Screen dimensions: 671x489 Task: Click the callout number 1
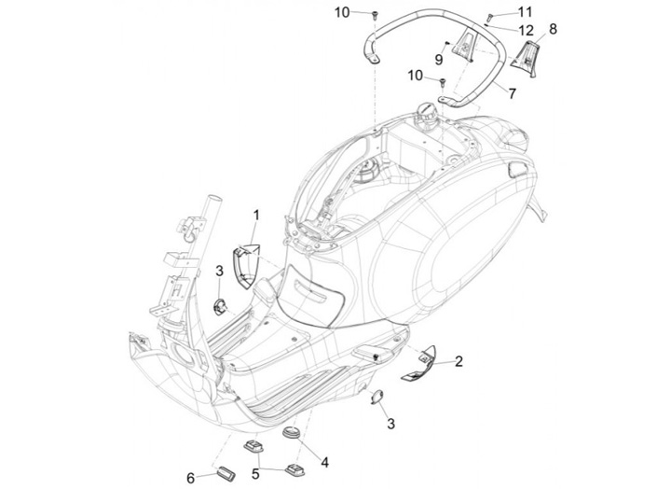(256, 216)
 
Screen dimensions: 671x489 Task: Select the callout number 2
(459, 361)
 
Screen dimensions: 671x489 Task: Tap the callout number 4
(325, 463)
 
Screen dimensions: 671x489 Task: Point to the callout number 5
(255, 473)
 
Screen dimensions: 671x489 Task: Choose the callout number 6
(191, 478)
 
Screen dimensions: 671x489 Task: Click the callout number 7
(513, 93)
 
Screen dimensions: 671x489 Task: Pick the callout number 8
(553, 29)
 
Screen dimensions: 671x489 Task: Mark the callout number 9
(439, 60)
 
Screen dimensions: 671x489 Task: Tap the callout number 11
(525, 12)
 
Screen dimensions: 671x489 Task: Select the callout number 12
(526, 31)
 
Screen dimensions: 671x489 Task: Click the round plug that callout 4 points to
(293, 431)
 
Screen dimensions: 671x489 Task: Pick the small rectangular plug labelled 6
(225, 472)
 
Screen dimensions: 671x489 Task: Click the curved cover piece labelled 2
(418, 364)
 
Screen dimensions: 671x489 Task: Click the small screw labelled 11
(490, 17)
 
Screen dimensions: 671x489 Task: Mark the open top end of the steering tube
(215, 201)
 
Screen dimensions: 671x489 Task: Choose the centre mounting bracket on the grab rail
(463, 47)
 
